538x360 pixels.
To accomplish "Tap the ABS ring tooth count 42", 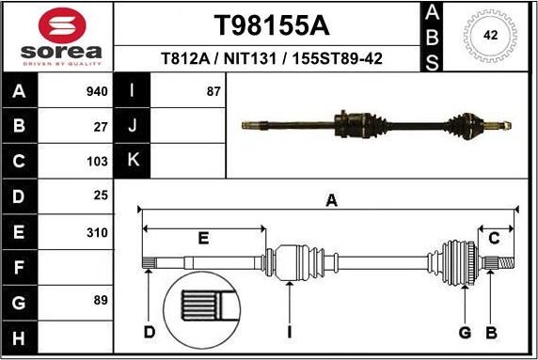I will pyautogui.click(x=490, y=36).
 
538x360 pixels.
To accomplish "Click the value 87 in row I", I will pyautogui.click(x=214, y=92).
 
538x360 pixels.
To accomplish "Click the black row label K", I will pyautogui.click(x=133, y=161).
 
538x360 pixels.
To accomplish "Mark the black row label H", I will pyautogui.click(x=20, y=336).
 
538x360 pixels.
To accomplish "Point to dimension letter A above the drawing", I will pyautogui.click(x=331, y=199).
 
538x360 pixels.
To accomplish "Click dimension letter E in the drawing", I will pyautogui.click(x=203, y=238).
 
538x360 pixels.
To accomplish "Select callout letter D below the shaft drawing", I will pyautogui.click(x=150, y=332).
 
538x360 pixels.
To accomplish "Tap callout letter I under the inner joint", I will pyautogui.click(x=290, y=332).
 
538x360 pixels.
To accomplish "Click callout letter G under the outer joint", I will pyautogui.click(x=464, y=332).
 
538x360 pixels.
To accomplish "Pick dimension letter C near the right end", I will pyautogui.click(x=494, y=239).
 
